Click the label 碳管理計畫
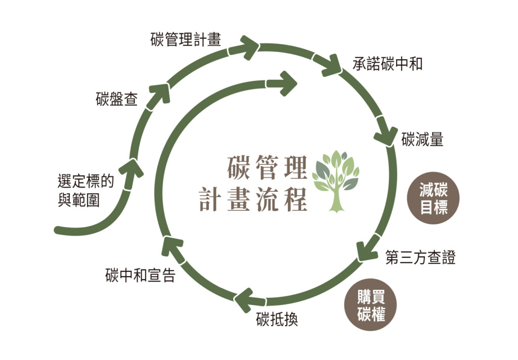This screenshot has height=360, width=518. click(186, 39)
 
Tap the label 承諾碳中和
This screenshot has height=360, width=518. click(387, 64)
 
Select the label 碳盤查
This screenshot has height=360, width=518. click(116, 99)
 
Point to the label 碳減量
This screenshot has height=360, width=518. click(422, 140)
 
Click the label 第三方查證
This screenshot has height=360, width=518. click(420, 257)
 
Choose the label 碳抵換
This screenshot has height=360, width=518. click(277, 320)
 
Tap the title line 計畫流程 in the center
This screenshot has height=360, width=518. click(253, 199)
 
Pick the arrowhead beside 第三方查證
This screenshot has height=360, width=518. click(367, 250)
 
